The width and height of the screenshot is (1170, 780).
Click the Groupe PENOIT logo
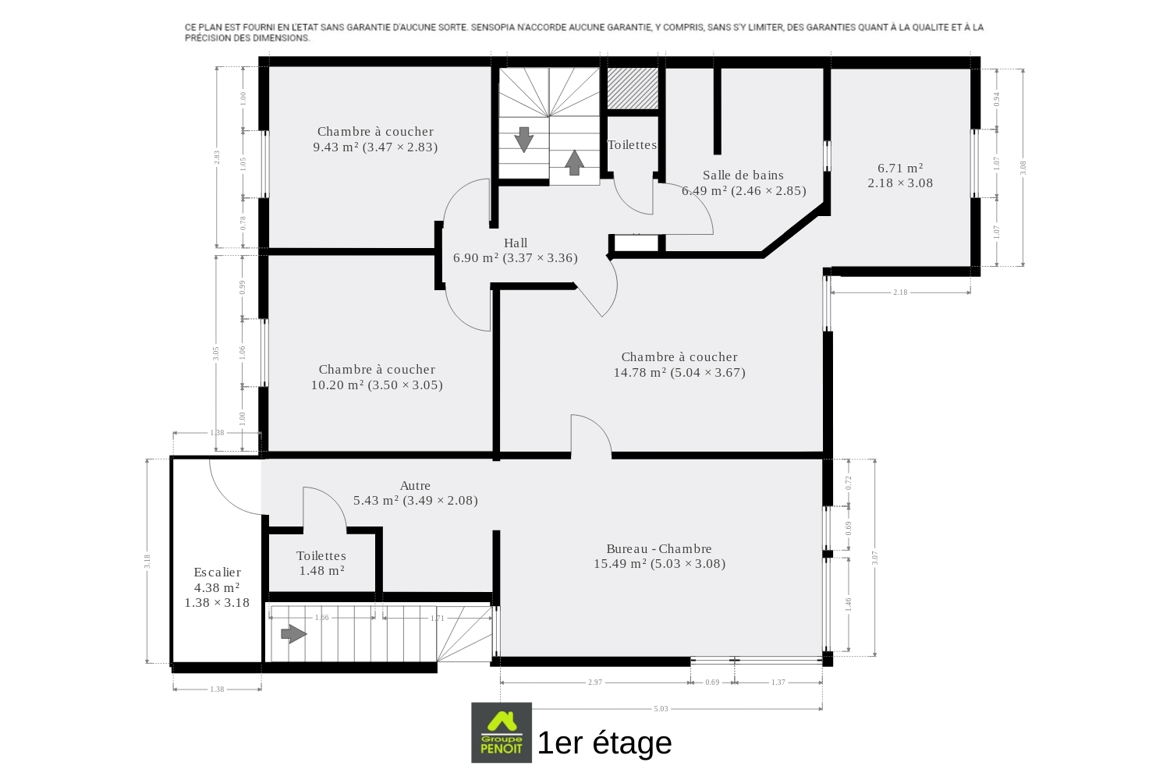tap(502, 732)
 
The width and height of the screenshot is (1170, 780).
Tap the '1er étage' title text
tap(604, 743)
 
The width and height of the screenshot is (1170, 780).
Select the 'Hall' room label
tap(516, 243)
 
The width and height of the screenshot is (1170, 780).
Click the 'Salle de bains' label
tap(743, 175)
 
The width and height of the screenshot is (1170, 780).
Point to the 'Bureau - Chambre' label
tap(659, 548)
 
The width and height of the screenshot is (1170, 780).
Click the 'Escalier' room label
tap(218, 572)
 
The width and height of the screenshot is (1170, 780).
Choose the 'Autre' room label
tap(415, 485)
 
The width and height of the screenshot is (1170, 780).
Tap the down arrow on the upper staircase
tap(523, 140)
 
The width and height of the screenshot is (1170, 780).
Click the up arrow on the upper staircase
tap(575, 162)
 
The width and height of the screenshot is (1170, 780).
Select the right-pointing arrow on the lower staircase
tap(293, 634)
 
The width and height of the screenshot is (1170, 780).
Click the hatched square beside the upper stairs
tap(632, 88)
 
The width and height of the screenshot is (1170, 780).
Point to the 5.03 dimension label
tap(661, 709)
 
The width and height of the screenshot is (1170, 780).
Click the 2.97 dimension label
tap(595, 682)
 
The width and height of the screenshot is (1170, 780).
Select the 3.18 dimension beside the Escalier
tap(147, 561)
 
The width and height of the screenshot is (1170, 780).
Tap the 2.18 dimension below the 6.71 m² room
tap(900, 292)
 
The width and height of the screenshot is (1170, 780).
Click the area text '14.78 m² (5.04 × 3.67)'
tap(679, 373)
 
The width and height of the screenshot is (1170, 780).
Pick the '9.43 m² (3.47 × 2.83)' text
tap(375, 147)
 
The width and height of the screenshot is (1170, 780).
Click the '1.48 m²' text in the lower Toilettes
tap(321, 570)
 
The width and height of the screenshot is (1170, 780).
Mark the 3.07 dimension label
tap(875, 558)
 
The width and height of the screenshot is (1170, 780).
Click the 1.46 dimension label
tap(849, 604)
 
